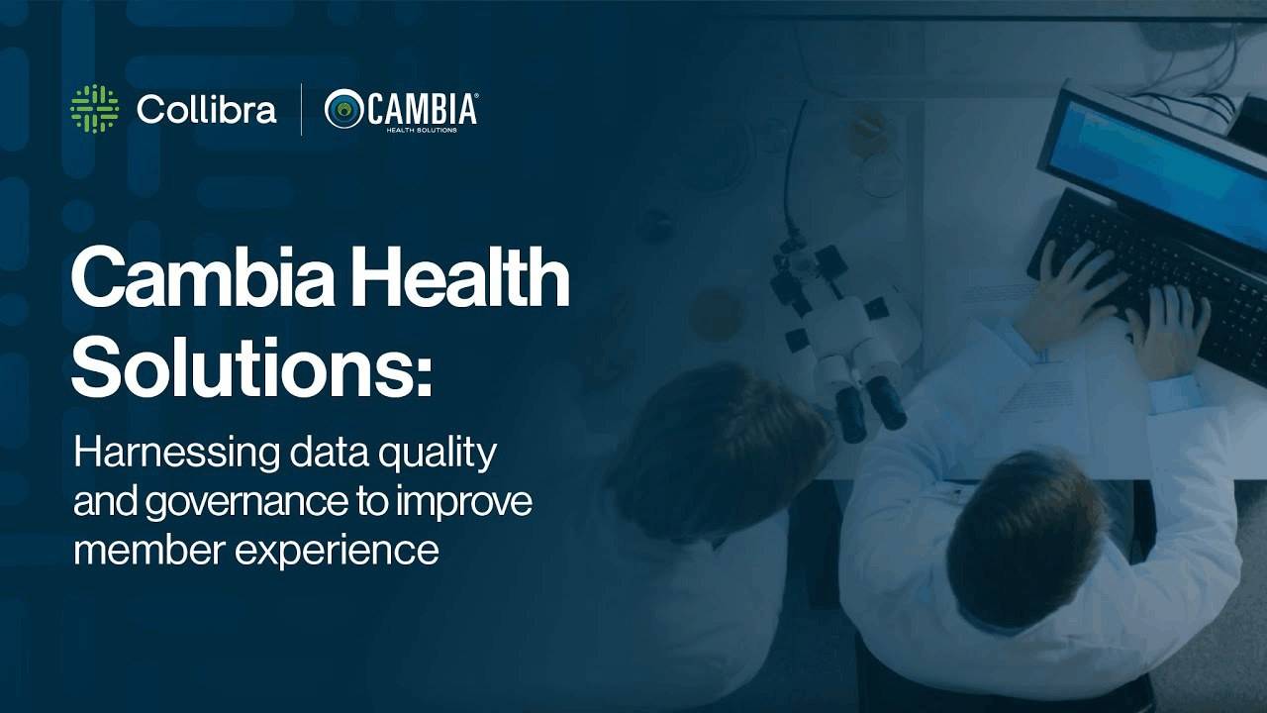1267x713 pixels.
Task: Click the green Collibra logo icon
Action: pyautogui.click(x=94, y=109)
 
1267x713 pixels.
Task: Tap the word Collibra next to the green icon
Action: pyautogui.click(x=207, y=109)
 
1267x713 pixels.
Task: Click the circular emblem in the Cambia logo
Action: pyautogui.click(x=343, y=108)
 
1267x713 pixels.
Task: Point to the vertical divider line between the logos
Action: pyautogui.click(x=301, y=109)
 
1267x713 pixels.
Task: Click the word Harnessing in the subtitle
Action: pyautogui.click(x=176, y=454)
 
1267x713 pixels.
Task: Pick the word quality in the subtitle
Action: pyautogui.click(x=438, y=454)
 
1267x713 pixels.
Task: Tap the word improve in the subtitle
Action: pyautogui.click(x=464, y=501)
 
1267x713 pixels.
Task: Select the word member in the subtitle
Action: pyautogui.click(x=149, y=549)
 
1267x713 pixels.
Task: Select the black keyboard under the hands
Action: pyautogui.click(x=1154, y=283)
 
